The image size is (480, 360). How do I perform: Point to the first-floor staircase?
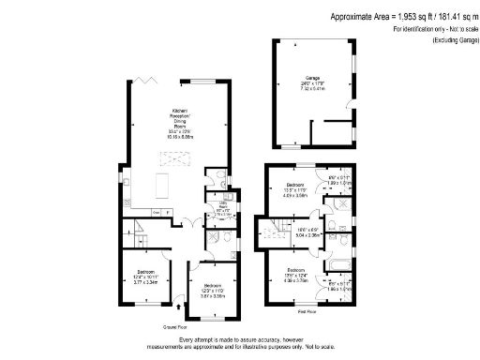click(278, 231)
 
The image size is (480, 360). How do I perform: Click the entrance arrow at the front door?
click(179, 305)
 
